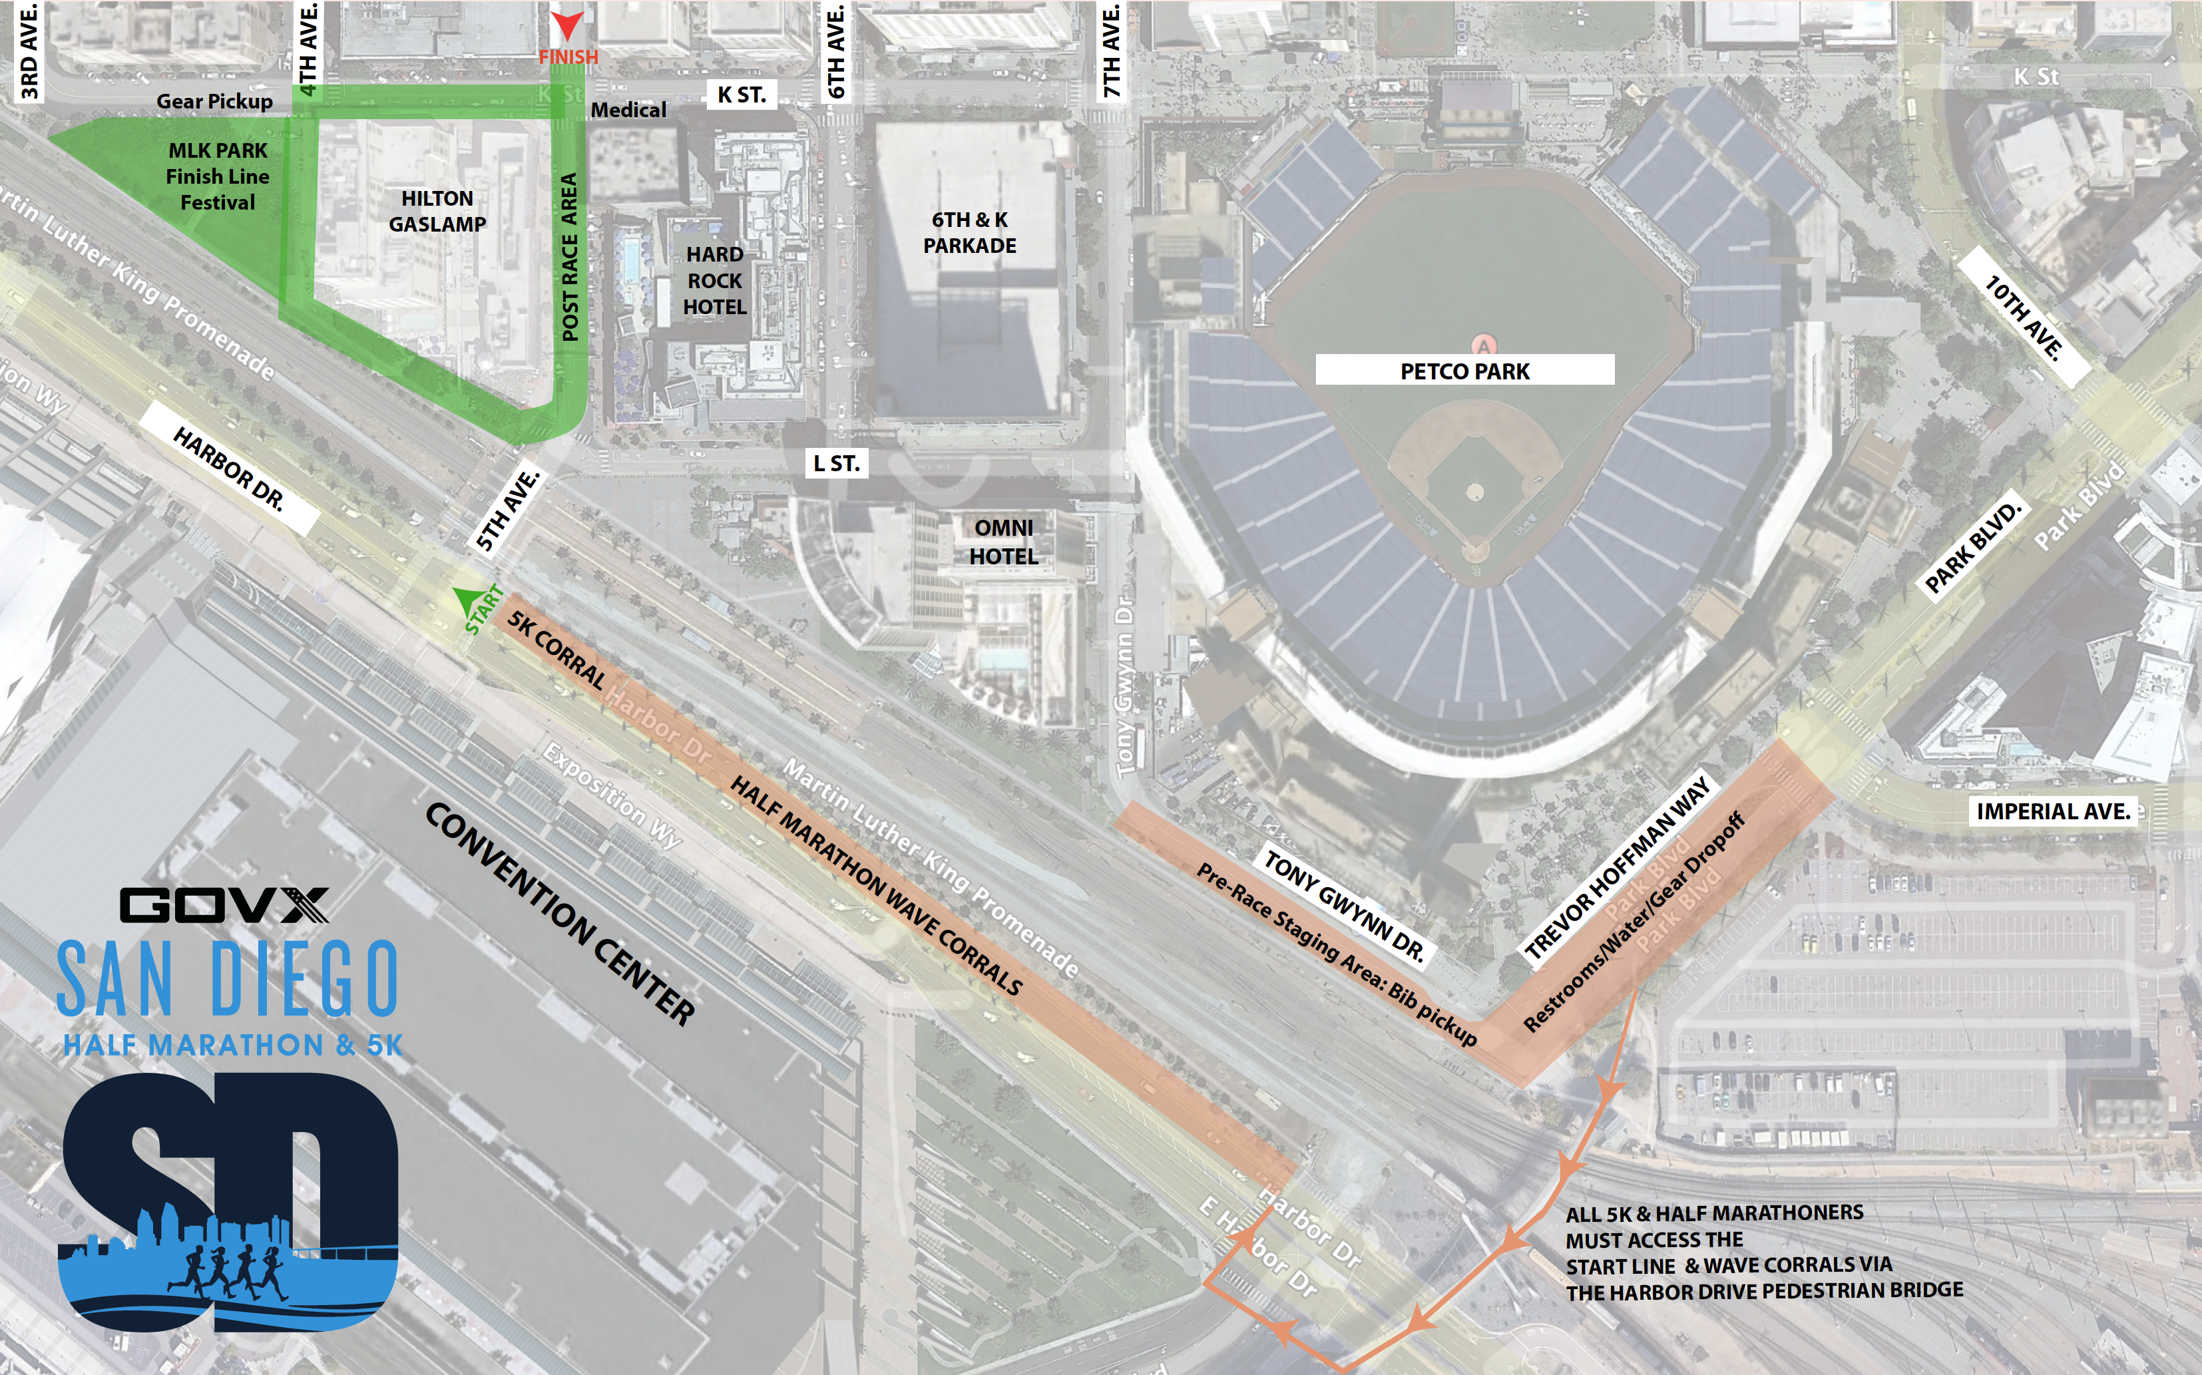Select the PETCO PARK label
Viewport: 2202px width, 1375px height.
point(1464,370)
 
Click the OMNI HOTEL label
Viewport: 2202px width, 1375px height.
point(1003,542)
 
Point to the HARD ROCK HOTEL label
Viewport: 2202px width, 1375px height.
point(715,280)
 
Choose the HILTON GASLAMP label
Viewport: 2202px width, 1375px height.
point(437,211)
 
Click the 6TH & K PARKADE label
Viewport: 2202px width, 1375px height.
point(970,233)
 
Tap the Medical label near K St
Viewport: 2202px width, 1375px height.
point(628,110)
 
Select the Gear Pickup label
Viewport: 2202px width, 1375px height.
point(214,101)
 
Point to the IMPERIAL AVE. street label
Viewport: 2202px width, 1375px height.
point(2053,811)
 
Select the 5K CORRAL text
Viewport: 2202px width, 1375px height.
point(556,650)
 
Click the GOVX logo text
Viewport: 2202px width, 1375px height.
point(224,905)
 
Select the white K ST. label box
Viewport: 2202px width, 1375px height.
point(742,95)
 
